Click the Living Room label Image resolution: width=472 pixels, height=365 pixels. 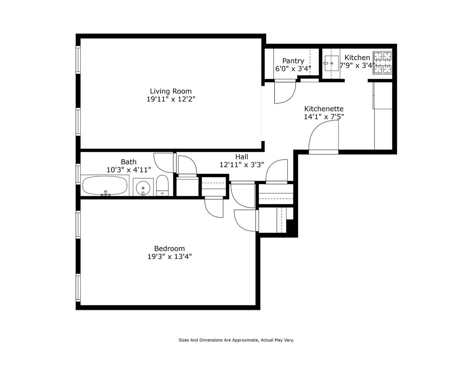170,91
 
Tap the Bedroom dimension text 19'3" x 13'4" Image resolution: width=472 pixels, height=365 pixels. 169,257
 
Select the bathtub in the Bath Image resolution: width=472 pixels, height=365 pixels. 105,186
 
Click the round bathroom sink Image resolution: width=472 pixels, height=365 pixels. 143,188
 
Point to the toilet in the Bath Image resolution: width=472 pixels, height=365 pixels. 162,186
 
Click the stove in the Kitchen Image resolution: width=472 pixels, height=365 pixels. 383,63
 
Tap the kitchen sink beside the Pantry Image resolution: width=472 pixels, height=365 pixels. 331,63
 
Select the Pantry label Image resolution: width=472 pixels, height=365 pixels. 293,61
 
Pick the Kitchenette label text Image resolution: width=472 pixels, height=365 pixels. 324,109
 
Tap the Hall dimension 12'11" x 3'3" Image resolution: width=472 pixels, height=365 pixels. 242,165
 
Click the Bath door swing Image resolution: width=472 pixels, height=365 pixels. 163,162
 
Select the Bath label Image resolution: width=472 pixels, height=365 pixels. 128,162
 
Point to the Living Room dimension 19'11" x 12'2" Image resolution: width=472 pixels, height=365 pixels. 170,99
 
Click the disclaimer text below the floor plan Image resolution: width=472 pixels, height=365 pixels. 236,340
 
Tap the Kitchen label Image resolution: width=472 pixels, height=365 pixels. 357,57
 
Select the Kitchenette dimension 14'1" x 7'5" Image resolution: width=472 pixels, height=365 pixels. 324,117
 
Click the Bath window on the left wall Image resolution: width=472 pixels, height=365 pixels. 78,173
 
